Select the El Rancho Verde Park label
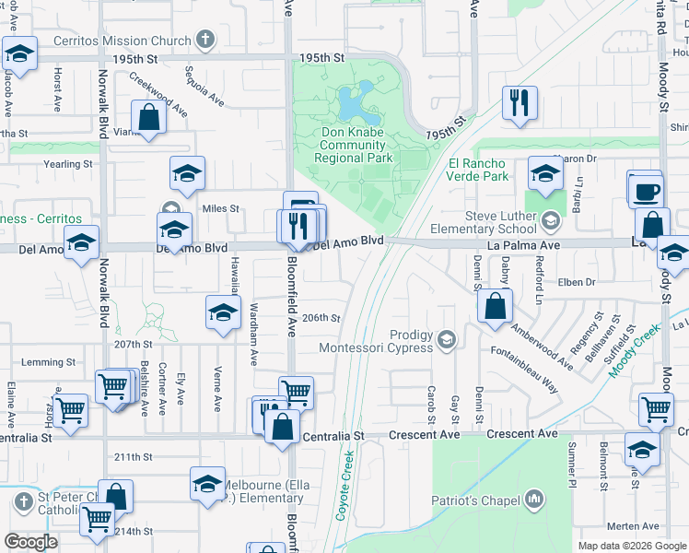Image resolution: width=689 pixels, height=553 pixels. coord(478,170)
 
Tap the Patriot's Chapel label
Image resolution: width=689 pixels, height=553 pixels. coord(477,500)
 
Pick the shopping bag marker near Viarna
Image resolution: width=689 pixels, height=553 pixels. coord(148,118)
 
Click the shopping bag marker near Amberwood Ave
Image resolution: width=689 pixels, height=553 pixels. coord(496,306)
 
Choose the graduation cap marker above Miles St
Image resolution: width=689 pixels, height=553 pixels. coord(187,173)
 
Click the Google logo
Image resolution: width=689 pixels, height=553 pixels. coord(30,542)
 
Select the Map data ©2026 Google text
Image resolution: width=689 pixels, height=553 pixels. coord(631,546)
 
